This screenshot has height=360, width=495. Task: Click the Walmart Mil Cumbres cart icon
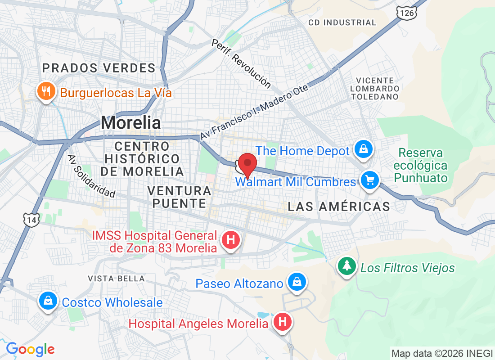[x=370, y=180]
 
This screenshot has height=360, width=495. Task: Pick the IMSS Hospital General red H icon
[x=231, y=240]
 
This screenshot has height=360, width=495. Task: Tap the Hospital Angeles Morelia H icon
[x=283, y=322]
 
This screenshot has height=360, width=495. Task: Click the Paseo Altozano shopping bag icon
[x=297, y=282]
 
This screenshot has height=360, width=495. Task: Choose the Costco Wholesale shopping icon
[x=47, y=300]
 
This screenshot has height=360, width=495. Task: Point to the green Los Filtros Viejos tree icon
[x=347, y=266]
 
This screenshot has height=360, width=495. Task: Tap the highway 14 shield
[x=31, y=219]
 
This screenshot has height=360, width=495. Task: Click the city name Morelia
[x=130, y=122]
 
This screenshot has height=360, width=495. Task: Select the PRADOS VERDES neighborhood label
[x=99, y=68]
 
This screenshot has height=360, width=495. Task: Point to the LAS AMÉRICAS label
[x=339, y=207]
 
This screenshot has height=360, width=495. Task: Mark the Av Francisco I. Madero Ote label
[x=254, y=111]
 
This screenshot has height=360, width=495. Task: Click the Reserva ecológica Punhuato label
[x=421, y=165]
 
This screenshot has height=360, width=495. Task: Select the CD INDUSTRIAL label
[x=342, y=22]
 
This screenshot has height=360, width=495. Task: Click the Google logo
[x=30, y=349]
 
